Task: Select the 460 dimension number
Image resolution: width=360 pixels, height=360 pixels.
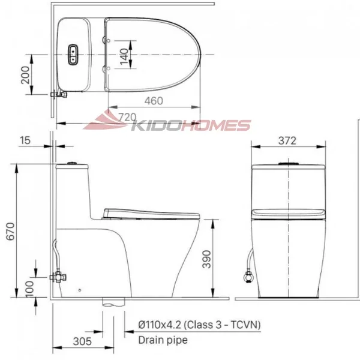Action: [x=154, y=101]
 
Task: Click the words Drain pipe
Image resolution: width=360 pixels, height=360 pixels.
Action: [x=163, y=340]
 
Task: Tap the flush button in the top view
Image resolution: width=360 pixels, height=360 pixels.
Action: [x=74, y=54]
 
